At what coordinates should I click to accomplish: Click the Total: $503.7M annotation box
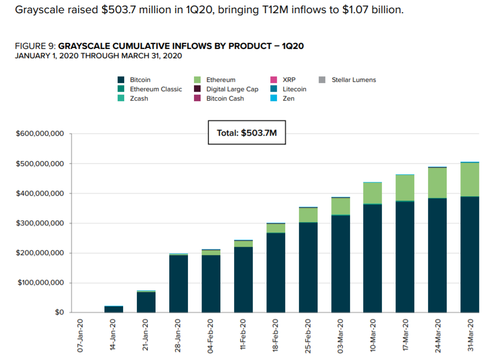(247, 133)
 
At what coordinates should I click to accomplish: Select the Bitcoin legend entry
(140, 80)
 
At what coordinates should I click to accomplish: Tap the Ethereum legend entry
(220, 80)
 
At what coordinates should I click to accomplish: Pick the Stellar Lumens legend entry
(353, 80)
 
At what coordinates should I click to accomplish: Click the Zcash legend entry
(139, 98)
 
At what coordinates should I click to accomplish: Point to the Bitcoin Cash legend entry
(225, 98)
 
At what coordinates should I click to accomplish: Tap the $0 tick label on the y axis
(59, 312)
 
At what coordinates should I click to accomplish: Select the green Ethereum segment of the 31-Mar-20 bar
(470, 180)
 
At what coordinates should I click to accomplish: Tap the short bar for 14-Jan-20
(114, 309)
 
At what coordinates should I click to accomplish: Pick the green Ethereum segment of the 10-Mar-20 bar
(373, 193)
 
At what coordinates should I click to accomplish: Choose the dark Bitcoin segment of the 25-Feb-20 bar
(308, 267)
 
